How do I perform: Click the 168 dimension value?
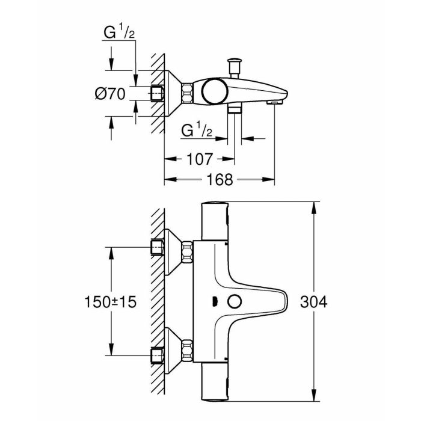[220, 178]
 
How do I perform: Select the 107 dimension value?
[200, 159]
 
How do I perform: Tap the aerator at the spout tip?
[274, 103]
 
